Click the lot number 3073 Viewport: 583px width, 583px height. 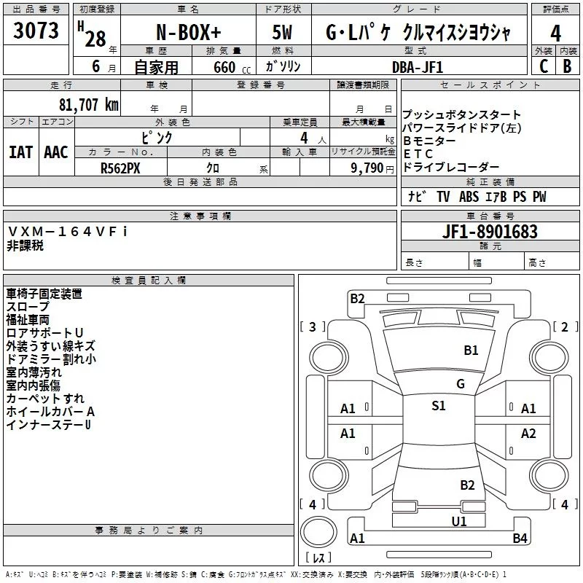point(36,31)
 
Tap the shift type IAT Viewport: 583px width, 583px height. point(20,152)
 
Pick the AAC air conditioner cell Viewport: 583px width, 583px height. point(56,152)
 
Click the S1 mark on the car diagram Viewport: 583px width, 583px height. point(439,406)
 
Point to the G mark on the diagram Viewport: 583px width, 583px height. point(460,384)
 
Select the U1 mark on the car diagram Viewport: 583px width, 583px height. point(459,521)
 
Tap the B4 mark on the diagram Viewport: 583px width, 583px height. point(520,539)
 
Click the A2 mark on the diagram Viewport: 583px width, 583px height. point(528,434)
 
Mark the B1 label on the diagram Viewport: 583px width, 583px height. point(472,351)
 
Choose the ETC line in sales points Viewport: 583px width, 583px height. point(418,154)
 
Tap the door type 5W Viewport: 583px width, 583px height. point(282,33)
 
